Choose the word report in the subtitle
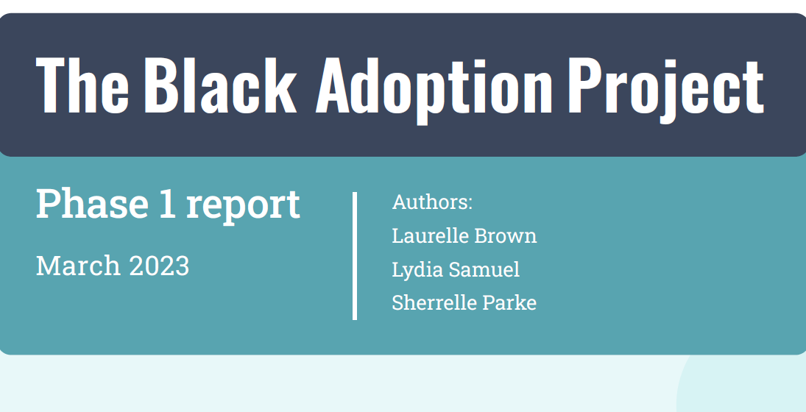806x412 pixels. pos(243,206)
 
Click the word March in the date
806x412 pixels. pos(78,266)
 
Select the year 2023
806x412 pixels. pos(159,266)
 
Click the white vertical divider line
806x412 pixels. pos(355,255)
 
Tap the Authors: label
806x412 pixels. pos(432,202)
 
